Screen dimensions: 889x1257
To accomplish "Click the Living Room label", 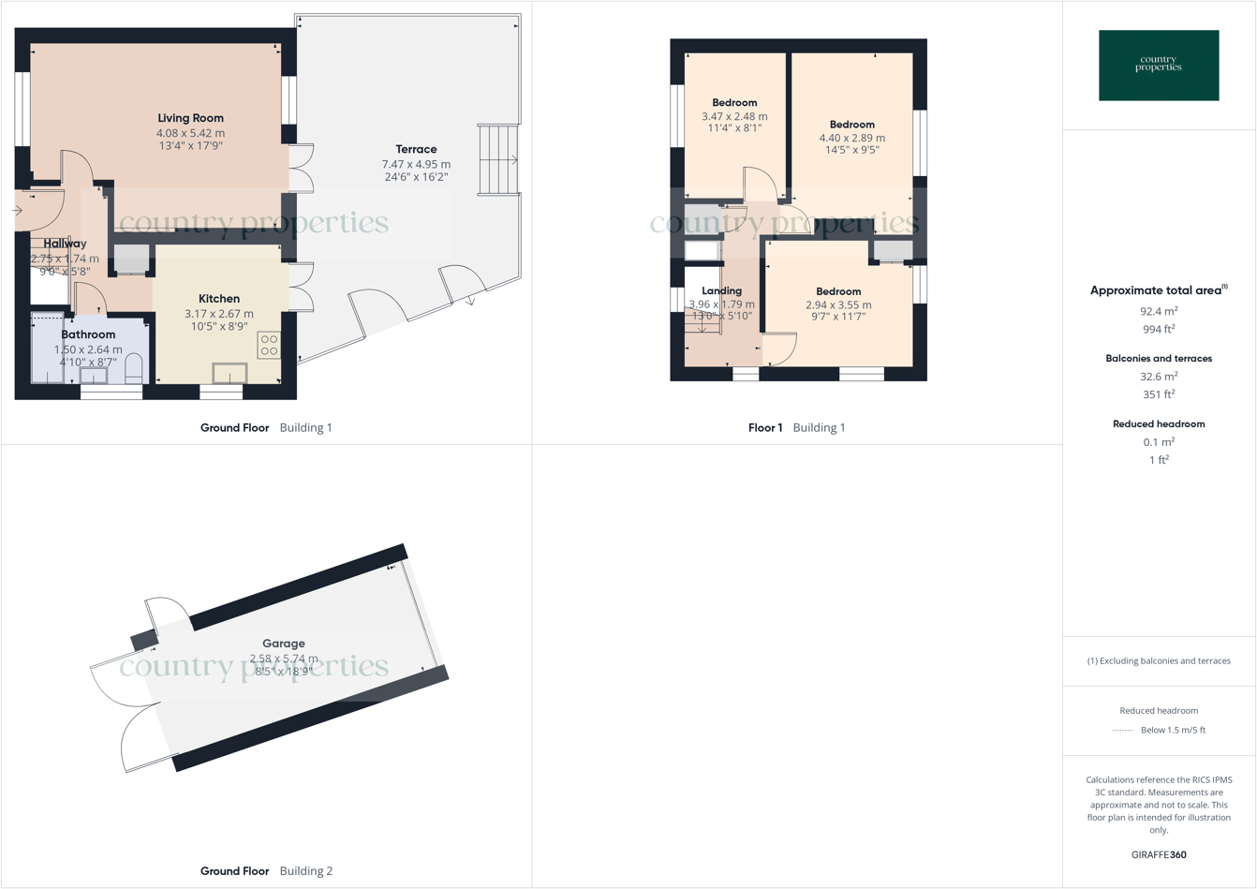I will [190, 118].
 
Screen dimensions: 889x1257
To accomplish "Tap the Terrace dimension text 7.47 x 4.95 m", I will [415, 164].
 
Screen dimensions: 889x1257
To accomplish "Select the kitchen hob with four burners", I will [269, 346].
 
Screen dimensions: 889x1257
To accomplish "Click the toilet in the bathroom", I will [133, 368].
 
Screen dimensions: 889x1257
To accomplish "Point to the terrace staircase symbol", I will [497, 160].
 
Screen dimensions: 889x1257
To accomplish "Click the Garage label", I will [283, 644].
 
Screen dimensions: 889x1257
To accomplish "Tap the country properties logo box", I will [1159, 66].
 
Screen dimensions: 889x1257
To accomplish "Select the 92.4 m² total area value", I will [1159, 311].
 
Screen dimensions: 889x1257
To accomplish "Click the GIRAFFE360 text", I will [1159, 854].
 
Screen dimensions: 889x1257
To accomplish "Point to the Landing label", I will [721, 290].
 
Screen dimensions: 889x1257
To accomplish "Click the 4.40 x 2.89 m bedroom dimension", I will [851, 138].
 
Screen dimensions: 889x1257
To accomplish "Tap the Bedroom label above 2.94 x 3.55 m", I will [837, 291].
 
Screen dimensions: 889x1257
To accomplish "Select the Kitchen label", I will [218, 299].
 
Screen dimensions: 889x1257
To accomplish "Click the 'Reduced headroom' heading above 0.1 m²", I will [1159, 423].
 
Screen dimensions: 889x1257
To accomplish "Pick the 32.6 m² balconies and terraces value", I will [1159, 377].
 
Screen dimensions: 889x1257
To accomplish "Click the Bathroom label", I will [88, 334].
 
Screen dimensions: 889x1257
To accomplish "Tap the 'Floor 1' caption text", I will [765, 427].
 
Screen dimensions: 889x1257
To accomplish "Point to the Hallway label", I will [65, 244].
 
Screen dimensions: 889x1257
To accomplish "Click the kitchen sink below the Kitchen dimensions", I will [229, 373].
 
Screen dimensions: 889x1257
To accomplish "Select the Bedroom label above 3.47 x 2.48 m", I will [734, 103].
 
